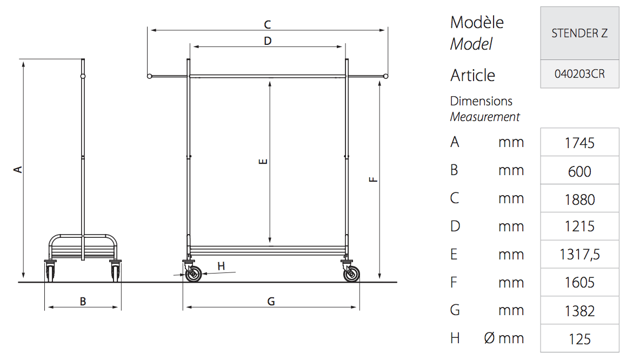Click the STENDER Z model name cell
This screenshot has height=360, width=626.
580,33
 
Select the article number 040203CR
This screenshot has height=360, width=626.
580,74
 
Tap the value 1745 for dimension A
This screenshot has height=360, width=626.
580,143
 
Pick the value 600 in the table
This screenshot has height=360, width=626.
580,171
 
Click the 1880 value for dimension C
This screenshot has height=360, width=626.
580,199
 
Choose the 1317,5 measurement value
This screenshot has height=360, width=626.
580,254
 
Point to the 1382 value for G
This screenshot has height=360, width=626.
580,310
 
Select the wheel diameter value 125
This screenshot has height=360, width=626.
580,339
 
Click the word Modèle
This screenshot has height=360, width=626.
477,22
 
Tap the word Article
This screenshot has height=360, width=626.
472,76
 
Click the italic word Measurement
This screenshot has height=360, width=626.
485,117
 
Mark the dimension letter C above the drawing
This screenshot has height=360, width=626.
268,24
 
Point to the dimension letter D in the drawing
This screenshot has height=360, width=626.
268,41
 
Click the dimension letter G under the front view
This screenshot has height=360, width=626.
271,301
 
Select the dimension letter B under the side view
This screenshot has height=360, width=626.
83,301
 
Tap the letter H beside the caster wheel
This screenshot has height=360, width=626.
221,266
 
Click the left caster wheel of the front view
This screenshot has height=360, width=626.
193,274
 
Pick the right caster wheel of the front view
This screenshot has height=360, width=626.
351,274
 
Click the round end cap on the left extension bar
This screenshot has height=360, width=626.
149,76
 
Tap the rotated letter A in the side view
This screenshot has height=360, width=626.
18,170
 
